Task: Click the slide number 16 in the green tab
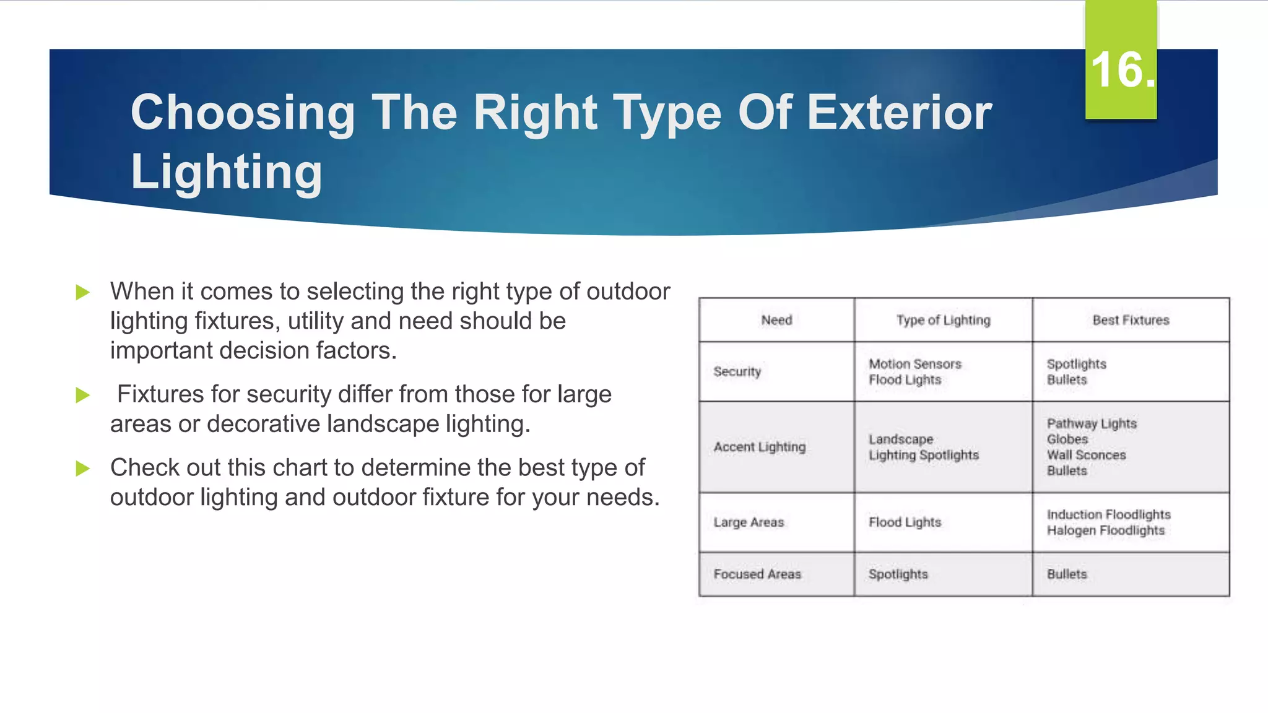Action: pyautogui.click(x=1121, y=70)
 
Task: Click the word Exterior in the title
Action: pyautogui.click(x=899, y=113)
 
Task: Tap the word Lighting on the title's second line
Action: pyautogui.click(x=226, y=171)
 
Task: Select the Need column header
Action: pyautogui.click(x=776, y=320)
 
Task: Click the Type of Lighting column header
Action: pyautogui.click(x=943, y=320)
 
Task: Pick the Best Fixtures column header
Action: pyautogui.click(x=1131, y=320)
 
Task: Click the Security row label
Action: pyautogui.click(x=737, y=371)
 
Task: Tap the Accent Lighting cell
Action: pyautogui.click(x=759, y=447)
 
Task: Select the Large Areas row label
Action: pyautogui.click(x=749, y=522)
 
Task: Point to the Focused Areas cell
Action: pyautogui.click(x=757, y=574)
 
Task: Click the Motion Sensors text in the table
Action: pyautogui.click(x=914, y=364)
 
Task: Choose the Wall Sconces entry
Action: pyautogui.click(x=1086, y=455)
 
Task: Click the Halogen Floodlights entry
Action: pyautogui.click(x=1105, y=530)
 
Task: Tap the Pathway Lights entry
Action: pyautogui.click(x=1092, y=423)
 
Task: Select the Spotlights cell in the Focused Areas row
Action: pyautogui.click(x=898, y=574)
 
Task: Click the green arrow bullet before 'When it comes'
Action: pyautogui.click(x=83, y=292)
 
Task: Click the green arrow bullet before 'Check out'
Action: pyautogui.click(x=83, y=469)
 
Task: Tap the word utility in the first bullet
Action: pyautogui.click(x=315, y=321)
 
